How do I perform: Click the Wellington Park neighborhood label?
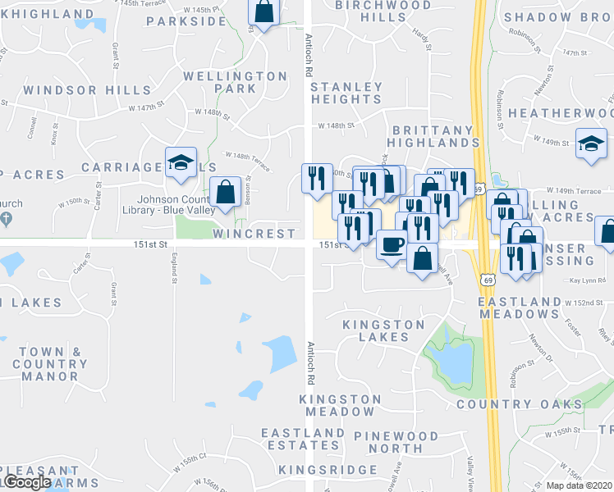235,82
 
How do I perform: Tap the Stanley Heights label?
346,93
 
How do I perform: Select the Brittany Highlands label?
433,136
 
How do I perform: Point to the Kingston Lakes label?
383,330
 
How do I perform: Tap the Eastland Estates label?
303,440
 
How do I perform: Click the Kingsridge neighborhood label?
328,470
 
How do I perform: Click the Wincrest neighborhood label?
253,234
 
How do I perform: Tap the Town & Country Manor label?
50,364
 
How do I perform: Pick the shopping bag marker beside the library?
225,192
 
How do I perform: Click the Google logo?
26,482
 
